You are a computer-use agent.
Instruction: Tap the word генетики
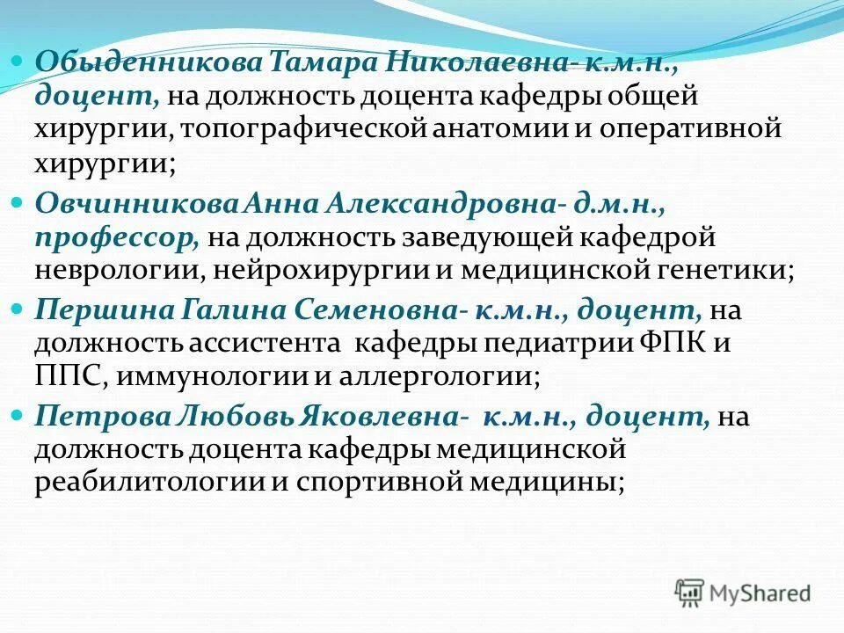(722, 270)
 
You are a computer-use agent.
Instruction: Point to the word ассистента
(261, 343)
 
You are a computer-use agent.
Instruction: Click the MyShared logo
(743, 593)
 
